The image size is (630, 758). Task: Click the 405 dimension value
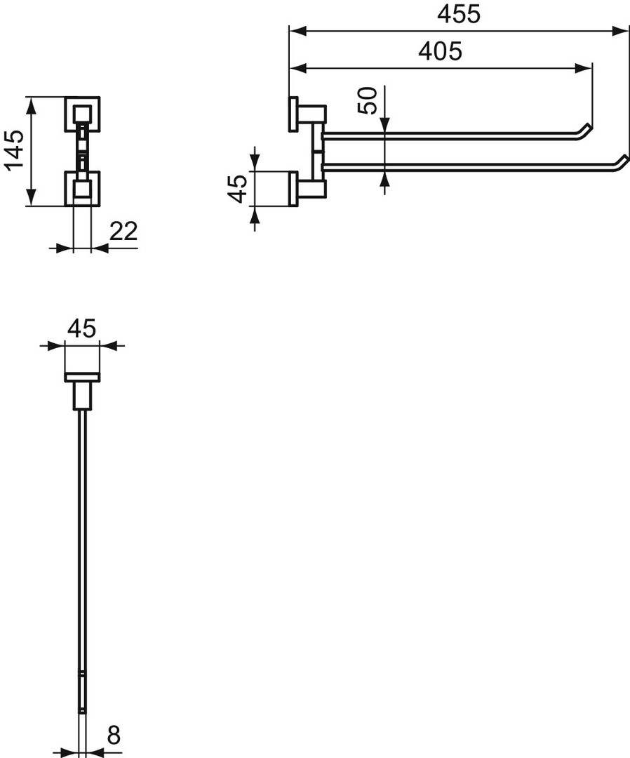coord(440,51)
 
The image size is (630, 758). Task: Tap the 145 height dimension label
coord(15,150)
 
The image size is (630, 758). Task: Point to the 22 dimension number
coord(123,231)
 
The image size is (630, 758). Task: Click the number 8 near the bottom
coord(114,736)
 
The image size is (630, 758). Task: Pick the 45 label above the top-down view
coord(81,328)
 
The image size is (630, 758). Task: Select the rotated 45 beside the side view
coord(238,189)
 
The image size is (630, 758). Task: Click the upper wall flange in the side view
coord(293,114)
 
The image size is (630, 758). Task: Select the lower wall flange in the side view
coord(293,189)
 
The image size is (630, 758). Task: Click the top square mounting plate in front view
coord(82,114)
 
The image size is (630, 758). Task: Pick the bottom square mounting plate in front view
coord(82,189)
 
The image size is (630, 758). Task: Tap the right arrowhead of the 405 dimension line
coord(584,68)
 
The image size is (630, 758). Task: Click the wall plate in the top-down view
coord(82,378)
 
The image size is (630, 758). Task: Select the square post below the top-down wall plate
coord(82,395)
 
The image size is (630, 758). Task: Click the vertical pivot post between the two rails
coord(317,150)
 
